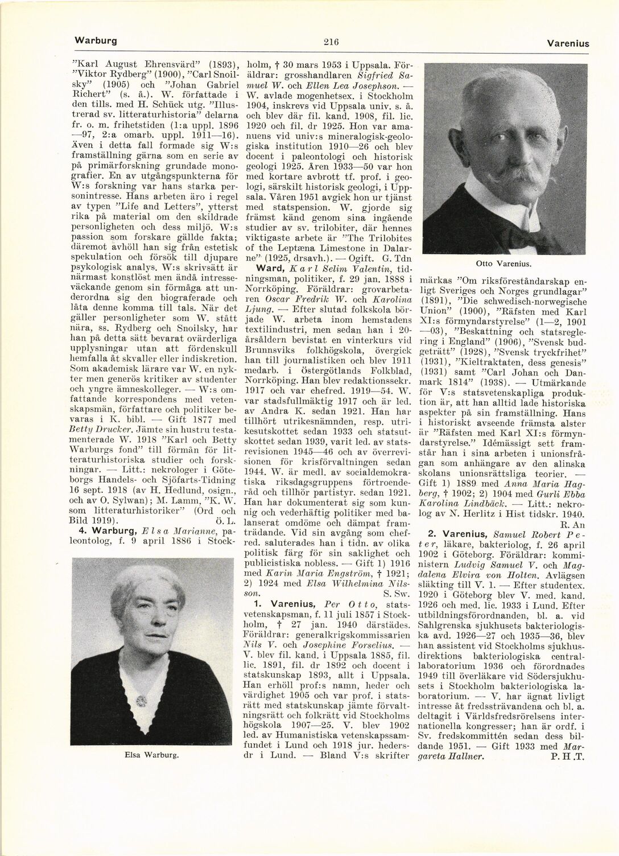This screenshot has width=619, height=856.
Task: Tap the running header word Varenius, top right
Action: point(568,43)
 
